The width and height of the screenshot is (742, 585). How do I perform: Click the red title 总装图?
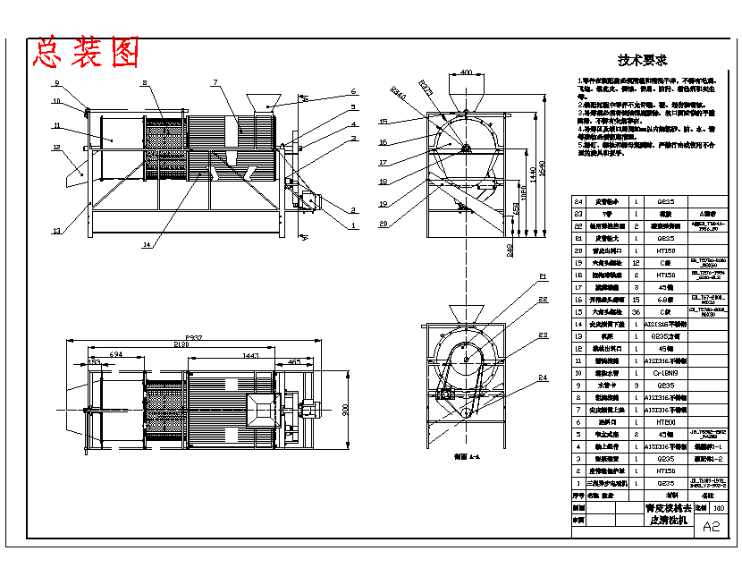87,53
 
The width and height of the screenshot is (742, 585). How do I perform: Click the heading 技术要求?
642,60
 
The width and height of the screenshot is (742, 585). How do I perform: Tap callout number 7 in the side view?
215,82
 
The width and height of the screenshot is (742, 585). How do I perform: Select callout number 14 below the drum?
146,244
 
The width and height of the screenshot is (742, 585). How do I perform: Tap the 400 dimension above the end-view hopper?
466,72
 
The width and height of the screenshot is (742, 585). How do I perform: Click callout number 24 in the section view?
543,377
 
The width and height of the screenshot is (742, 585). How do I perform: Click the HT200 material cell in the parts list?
666,421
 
